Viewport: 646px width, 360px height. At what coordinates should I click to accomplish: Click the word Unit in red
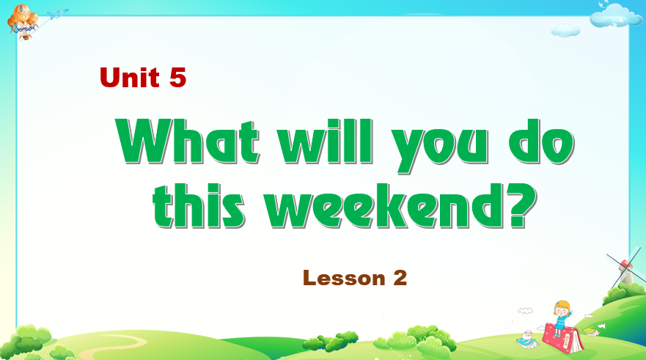pos(129,78)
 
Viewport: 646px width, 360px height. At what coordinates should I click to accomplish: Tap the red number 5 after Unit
pos(178,78)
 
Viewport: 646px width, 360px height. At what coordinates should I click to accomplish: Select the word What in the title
pos(188,142)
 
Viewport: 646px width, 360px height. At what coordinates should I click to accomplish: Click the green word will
pos(326,142)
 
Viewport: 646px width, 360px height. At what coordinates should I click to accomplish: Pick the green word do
pos(541,142)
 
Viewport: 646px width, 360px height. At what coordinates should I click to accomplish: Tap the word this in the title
pos(199,205)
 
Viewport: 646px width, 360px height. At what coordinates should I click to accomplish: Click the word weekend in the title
pos(385,205)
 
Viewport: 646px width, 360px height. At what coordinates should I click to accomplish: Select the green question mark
pos(521,205)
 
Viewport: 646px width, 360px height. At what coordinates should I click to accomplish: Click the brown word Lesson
pos(344,278)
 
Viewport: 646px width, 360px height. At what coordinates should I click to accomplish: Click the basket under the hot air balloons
pos(25,36)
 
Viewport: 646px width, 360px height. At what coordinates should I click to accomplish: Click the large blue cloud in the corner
pos(610,15)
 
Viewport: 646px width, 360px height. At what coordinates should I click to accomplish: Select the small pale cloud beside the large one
pos(565,30)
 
